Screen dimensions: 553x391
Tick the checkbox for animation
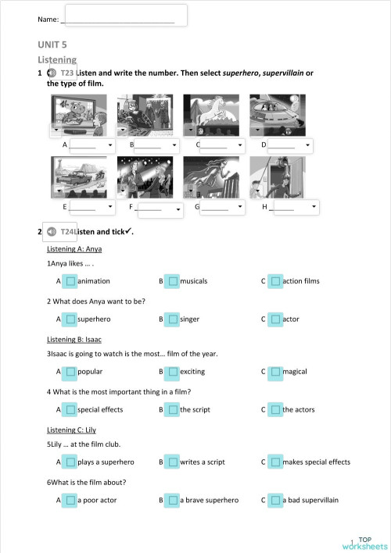pos(70,280)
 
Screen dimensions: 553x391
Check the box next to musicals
pos(172,280)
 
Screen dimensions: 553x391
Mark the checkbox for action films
pos(274,280)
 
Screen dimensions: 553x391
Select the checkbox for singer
pos(172,319)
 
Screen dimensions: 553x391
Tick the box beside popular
pos(70,372)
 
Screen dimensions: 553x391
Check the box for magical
pos(274,372)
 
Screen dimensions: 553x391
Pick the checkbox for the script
pos(172,409)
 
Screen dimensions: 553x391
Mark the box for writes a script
pos(172,462)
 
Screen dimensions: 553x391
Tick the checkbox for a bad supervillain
pos(274,500)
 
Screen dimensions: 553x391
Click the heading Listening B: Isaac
pos(74,340)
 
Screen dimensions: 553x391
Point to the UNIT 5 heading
pos(53,46)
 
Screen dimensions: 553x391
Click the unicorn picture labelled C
pos(211,115)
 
